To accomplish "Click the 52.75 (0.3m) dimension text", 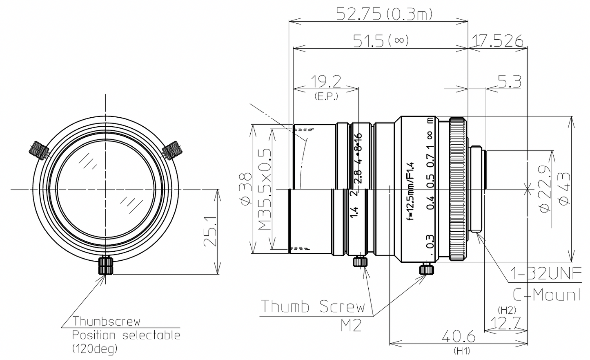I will (383, 14).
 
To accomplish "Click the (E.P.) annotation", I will (326, 97).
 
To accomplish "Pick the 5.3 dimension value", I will (509, 82).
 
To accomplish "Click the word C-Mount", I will (547, 294).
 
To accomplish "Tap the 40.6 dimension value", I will (459, 337).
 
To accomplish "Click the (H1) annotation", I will (462, 351).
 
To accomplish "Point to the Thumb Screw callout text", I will (312, 306).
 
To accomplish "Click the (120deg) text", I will (95, 349).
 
